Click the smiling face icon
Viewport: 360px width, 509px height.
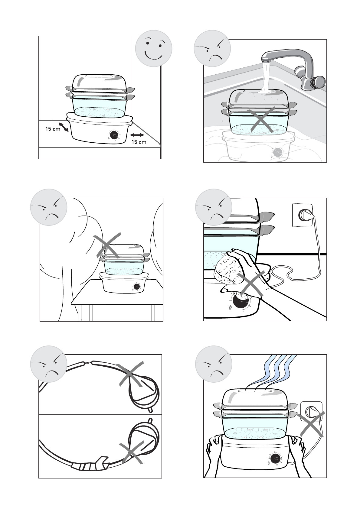[153, 48]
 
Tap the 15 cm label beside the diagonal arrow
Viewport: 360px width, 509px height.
[53, 129]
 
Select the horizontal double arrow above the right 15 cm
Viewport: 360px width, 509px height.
[137, 135]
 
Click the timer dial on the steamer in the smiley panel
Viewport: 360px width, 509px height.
[114, 135]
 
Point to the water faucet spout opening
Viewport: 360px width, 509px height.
[265, 61]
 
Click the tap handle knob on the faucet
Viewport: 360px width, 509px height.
[318, 82]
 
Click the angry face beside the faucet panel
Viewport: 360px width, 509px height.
[212, 48]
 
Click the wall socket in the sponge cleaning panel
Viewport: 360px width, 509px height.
[303, 215]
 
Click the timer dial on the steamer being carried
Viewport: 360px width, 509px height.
[275, 458]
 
